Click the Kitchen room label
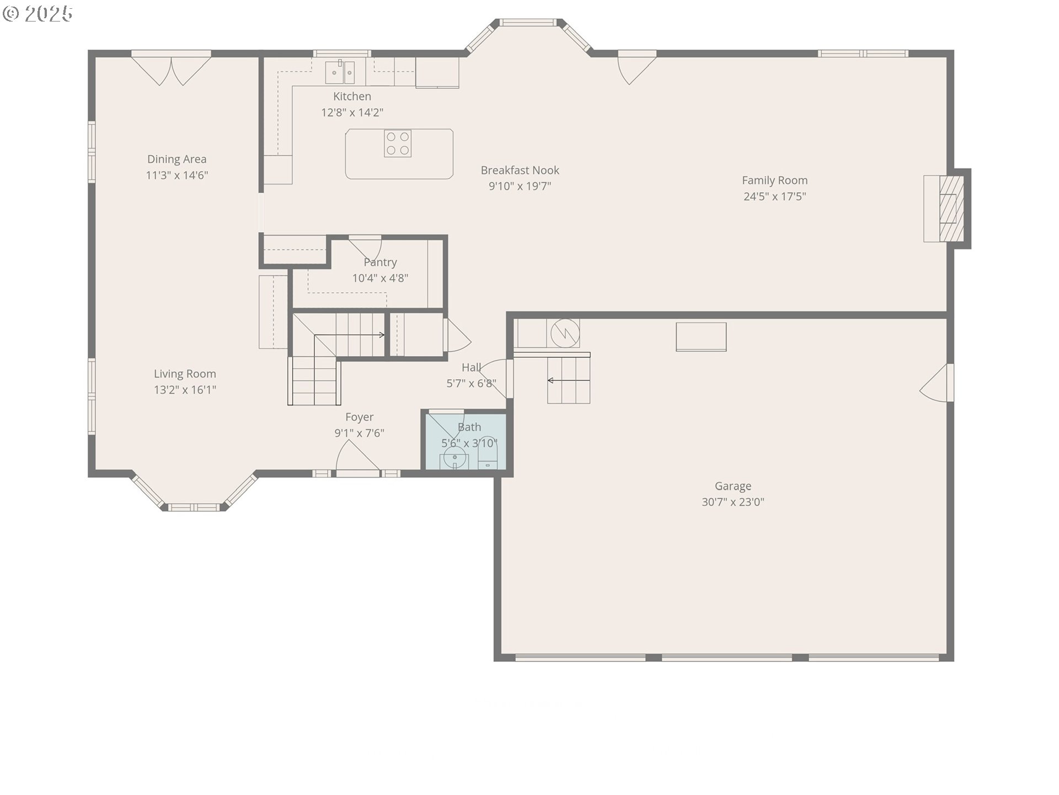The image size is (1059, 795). click(352, 97)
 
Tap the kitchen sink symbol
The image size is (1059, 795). click(340, 71)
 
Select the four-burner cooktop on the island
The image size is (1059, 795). click(398, 144)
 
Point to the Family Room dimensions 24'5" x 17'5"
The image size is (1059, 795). click(774, 197)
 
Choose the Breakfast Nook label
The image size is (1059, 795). click(520, 171)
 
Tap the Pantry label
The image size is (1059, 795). click(380, 262)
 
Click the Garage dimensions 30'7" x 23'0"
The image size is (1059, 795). click(732, 502)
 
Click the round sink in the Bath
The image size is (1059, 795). click(455, 458)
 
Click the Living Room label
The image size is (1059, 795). click(185, 374)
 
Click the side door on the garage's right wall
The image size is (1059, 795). click(937, 383)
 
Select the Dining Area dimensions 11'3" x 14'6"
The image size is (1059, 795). click(176, 176)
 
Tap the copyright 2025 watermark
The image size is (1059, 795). click(38, 14)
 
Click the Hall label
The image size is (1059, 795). click(471, 368)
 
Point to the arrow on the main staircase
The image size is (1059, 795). click(350, 335)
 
